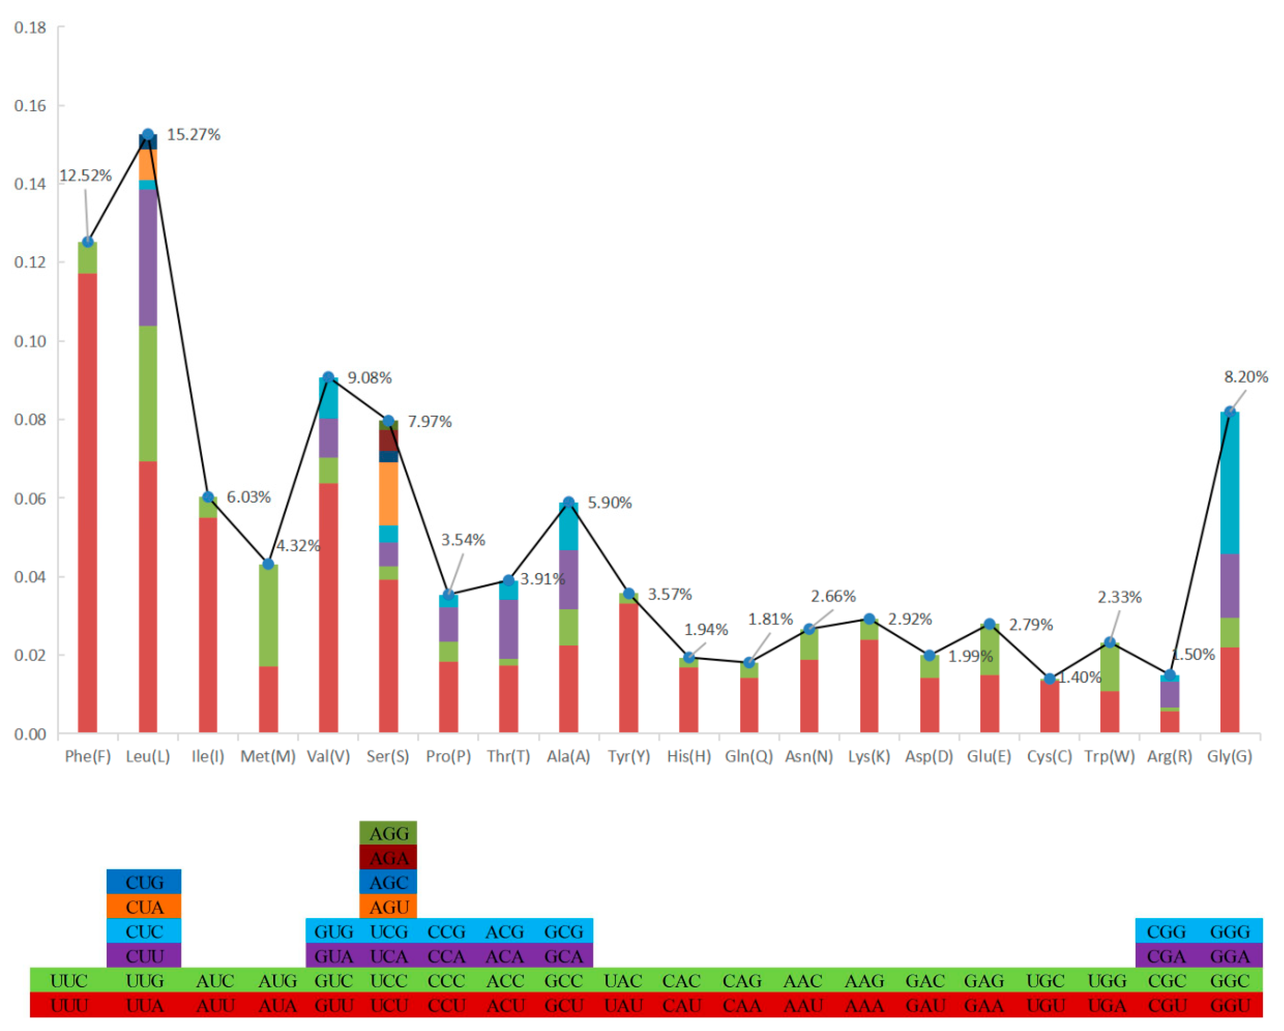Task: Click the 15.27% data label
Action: pyautogui.click(x=193, y=135)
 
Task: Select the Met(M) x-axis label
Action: pyautogui.click(x=268, y=756)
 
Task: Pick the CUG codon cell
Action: pyautogui.click(x=144, y=882)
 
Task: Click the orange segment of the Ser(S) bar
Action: pyautogui.click(x=388, y=493)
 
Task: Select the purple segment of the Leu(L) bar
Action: pyautogui.click(x=148, y=257)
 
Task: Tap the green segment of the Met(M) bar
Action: pyautogui.click(x=268, y=615)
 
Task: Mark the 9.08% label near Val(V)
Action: pyautogui.click(x=369, y=378)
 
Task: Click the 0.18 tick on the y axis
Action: pyautogui.click(x=30, y=27)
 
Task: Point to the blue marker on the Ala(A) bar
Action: pyautogui.click(x=569, y=503)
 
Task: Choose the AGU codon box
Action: pyautogui.click(x=388, y=907)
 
